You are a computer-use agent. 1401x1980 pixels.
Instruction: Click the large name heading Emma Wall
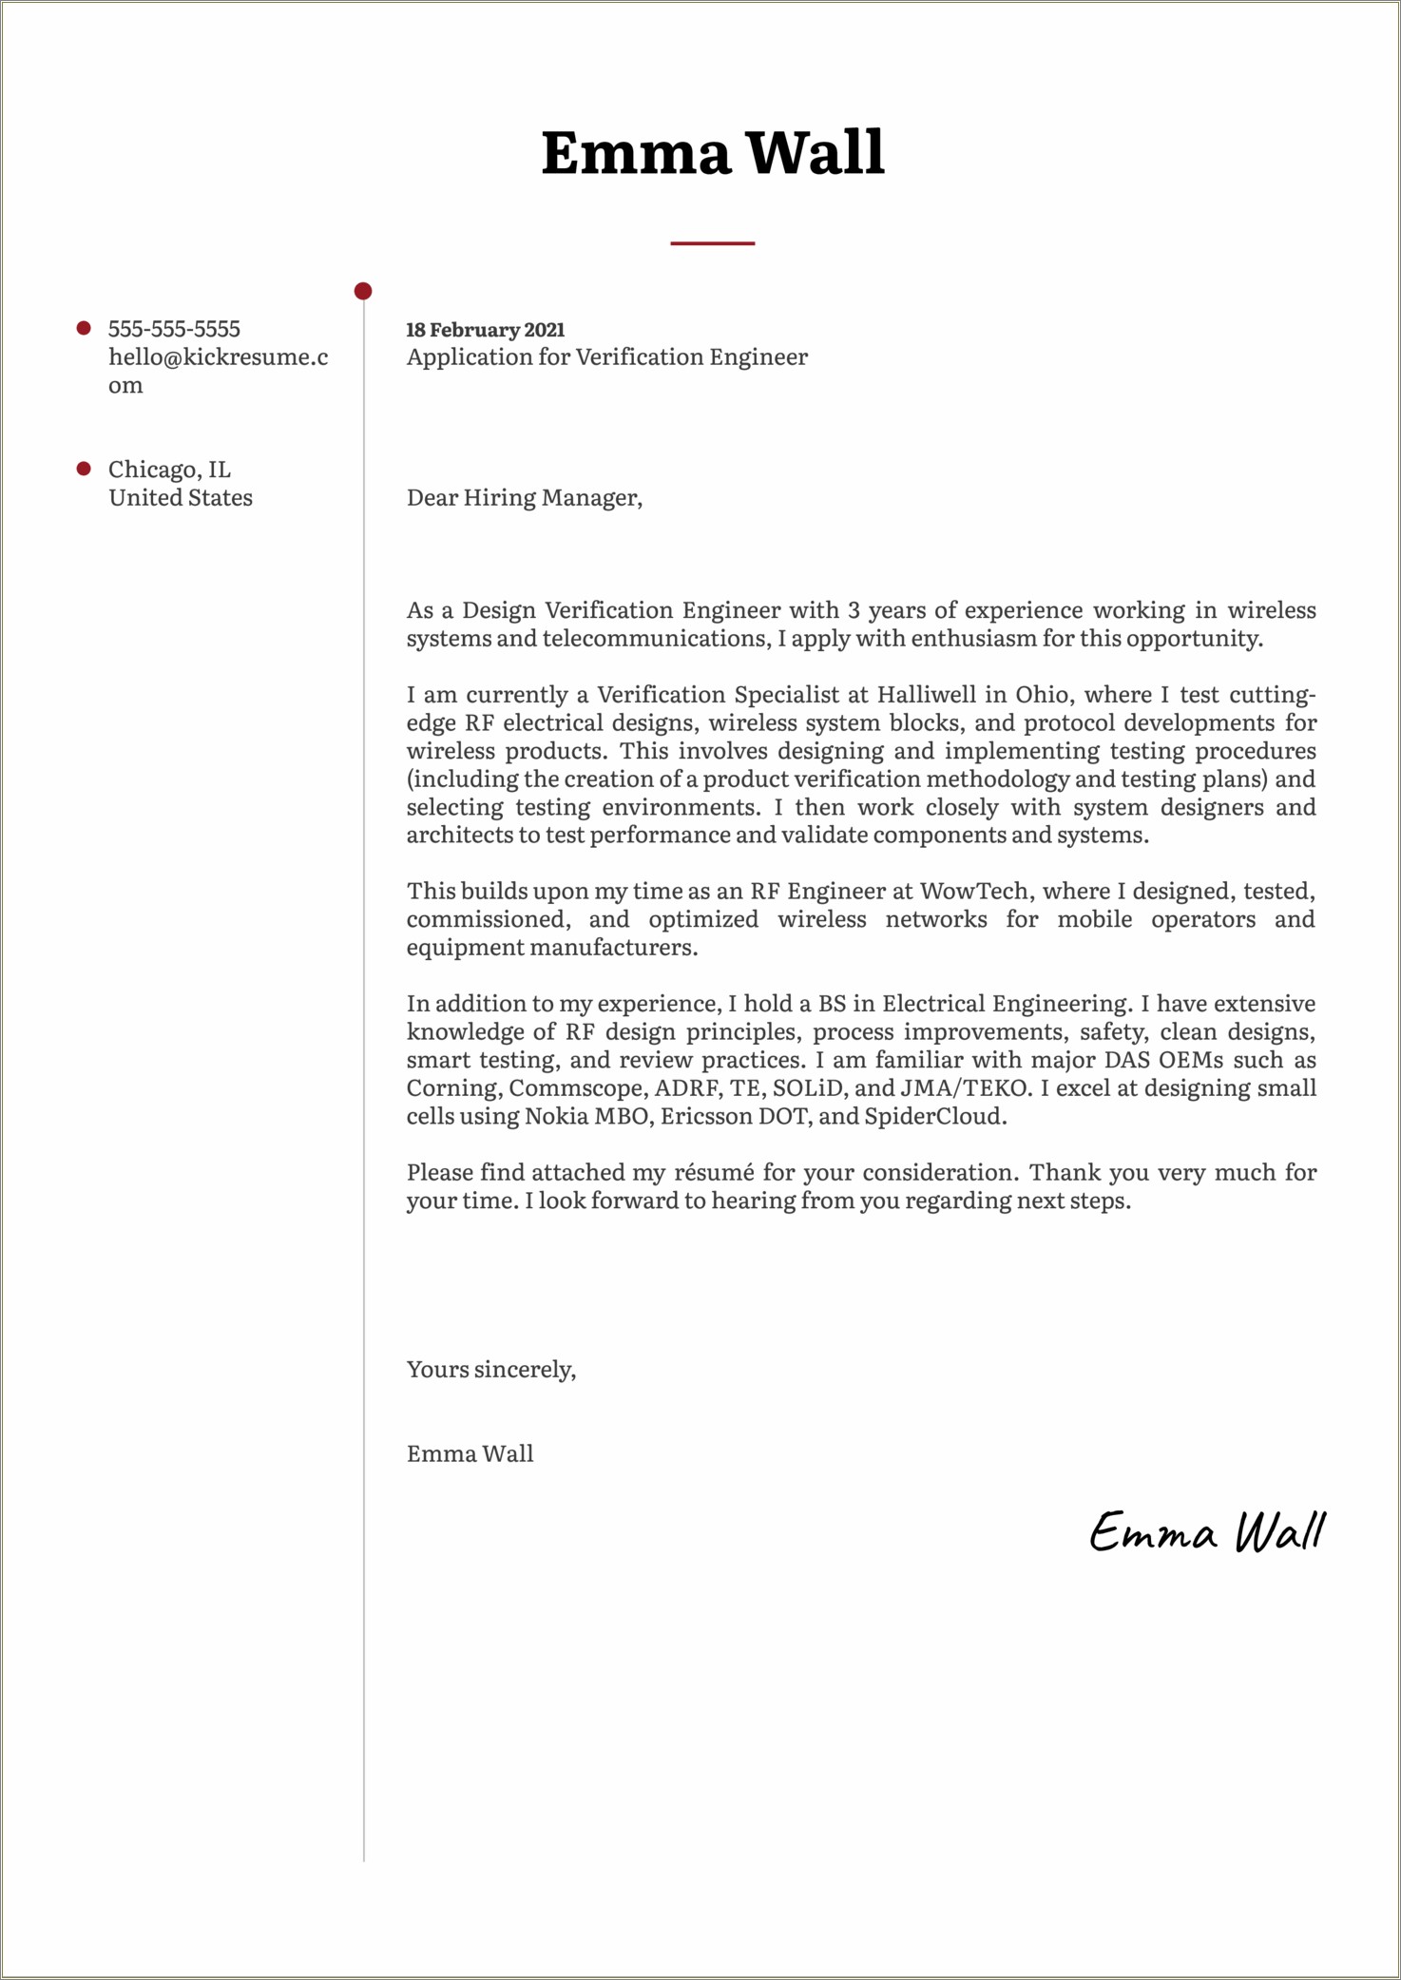713,153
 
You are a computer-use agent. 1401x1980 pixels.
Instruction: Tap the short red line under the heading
712,243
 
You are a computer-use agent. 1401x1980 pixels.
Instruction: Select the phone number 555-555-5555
174,329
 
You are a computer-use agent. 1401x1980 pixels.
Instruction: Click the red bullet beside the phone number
84,328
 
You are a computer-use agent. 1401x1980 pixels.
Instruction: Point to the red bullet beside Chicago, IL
84,469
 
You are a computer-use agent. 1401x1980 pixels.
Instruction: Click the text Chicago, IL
169,470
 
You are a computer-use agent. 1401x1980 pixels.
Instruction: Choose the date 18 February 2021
485,330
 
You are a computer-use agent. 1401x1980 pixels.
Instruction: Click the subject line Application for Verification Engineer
606,357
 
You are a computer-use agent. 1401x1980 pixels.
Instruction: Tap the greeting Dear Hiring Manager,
524,498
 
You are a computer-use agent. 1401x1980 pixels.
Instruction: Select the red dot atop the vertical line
363,291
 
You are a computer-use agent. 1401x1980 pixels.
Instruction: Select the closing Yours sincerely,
490,1370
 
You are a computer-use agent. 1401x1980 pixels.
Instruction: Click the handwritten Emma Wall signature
1206,1532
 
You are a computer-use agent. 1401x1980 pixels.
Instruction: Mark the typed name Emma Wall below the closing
470,1454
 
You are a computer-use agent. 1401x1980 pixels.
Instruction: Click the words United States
181,498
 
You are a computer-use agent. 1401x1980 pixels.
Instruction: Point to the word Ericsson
704,1117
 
